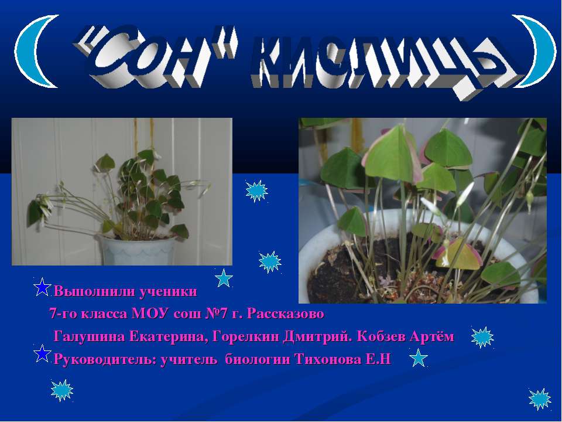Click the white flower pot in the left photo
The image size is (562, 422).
pos(137,250)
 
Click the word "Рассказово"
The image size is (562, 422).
pos(286,314)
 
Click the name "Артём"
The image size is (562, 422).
pos(432,336)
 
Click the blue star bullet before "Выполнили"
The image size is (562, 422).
pos(42,287)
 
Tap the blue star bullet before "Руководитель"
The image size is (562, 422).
pos(42,353)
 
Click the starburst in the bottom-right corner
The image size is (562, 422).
pos(539,399)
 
